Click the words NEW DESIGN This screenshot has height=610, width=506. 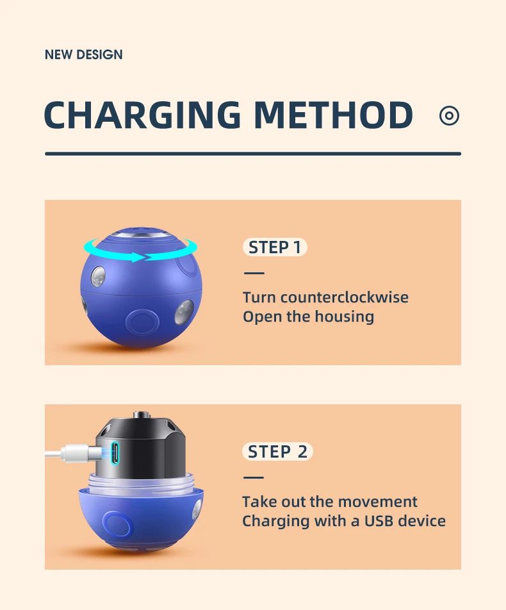click(84, 54)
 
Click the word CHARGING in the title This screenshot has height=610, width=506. click(142, 115)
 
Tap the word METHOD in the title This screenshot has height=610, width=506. click(333, 115)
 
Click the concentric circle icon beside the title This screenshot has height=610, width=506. click(449, 115)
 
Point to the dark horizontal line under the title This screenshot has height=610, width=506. click(253, 154)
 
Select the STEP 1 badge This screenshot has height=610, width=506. click(275, 247)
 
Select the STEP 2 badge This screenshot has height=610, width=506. click(278, 452)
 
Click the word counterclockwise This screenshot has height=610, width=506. click(344, 297)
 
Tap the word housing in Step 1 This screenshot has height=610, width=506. click(344, 317)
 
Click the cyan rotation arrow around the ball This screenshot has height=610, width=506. click(140, 251)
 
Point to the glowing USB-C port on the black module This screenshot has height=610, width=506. click(115, 453)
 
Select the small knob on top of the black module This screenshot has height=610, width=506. click(140, 415)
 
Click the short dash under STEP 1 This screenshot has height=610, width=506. click(254, 273)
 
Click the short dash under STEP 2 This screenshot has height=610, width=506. click(254, 477)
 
